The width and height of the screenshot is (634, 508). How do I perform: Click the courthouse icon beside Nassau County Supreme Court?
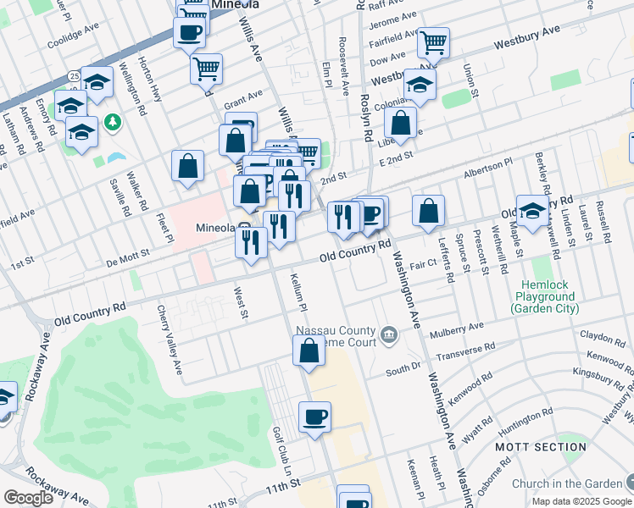click(389, 335)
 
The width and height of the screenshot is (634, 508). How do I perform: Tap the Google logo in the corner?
click(29, 498)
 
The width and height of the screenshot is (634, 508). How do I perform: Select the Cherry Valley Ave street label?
click(170, 340)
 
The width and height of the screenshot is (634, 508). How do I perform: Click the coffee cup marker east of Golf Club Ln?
click(314, 417)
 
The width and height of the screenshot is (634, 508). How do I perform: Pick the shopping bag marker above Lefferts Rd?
click(429, 211)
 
